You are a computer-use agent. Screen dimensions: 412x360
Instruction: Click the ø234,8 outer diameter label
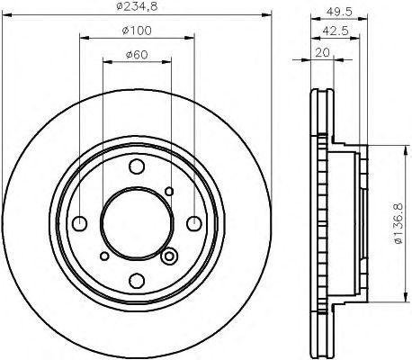(x=137, y=6)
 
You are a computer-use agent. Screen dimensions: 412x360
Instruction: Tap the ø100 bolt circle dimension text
(x=137, y=31)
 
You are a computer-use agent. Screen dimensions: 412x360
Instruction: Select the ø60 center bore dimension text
(x=137, y=55)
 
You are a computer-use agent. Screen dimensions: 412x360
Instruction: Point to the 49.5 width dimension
(x=339, y=12)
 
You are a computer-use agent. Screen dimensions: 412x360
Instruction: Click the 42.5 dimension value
(x=336, y=31)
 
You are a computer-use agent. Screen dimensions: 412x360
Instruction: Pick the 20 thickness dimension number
(x=322, y=53)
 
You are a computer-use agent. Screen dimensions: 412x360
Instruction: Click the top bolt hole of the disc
(x=137, y=166)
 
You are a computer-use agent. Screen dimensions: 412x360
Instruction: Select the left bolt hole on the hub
(x=80, y=224)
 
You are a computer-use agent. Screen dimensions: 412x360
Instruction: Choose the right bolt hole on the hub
(x=194, y=224)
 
